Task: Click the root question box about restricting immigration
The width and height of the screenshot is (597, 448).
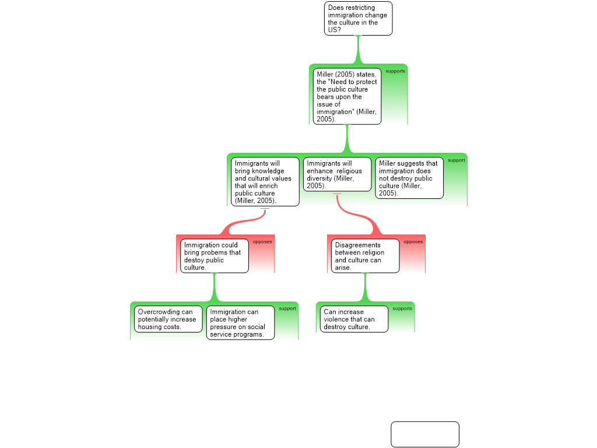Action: click(358, 19)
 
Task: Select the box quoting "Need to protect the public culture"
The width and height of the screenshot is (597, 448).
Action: click(348, 96)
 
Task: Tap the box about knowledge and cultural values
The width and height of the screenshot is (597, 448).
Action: click(265, 181)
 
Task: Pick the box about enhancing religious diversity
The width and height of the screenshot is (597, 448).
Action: click(337, 174)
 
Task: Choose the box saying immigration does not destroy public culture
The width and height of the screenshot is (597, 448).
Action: click(409, 178)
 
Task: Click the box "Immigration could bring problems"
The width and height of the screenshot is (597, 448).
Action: click(214, 256)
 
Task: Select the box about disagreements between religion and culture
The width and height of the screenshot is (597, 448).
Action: click(366, 256)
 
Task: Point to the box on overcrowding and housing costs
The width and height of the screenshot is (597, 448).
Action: click(168, 319)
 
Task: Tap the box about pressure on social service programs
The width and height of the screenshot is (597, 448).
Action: click(240, 323)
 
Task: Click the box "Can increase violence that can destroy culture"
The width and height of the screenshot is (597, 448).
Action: click(354, 319)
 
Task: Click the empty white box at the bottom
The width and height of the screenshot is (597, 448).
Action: click(424, 434)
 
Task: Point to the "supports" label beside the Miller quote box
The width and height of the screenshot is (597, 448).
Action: click(395, 71)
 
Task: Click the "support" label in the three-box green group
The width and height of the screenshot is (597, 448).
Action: click(456, 160)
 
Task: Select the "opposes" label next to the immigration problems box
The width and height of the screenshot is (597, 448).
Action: click(262, 242)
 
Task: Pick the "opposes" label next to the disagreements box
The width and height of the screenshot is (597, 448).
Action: click(413, 242)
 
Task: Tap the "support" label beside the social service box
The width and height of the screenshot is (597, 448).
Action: click(287, 309)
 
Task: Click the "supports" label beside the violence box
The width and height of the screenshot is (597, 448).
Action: click(402, 309)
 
